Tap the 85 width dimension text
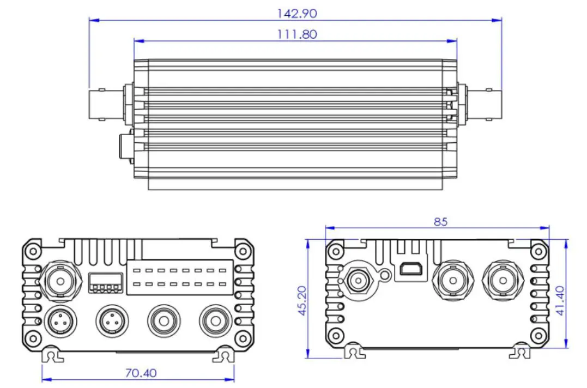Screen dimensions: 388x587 440,222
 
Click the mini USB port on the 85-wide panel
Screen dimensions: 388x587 408,269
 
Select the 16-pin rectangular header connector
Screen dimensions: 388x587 180,276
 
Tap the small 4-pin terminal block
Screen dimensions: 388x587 103,283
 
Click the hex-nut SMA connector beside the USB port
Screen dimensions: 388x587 358,281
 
